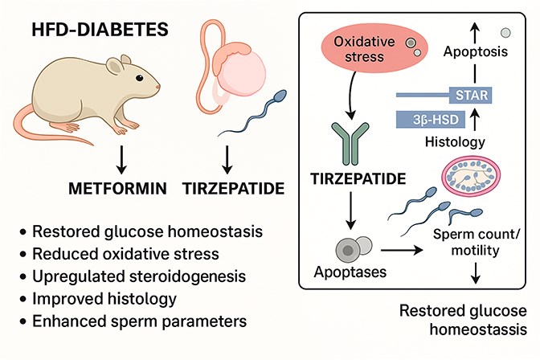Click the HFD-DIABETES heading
[x=100, y=29]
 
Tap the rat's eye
[x=139, y=78]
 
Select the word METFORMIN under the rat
[x=117, y=188]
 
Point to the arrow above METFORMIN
[x=121, y=159]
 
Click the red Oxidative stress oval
[x=374, y=49]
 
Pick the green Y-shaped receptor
[x=350, y=143]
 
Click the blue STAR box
[x=471, y=95]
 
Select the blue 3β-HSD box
[x=431, y=120]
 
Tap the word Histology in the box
[x=455, y=141]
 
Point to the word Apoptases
[x=350, y=272]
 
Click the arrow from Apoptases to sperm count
[x=402, y=251]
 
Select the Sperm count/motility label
[x=476, y=242]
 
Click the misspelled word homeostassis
[x=478, y=329]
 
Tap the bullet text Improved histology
[x=104, y=299]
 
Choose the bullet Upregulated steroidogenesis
[x=139, y=276]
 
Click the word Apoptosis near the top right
[x=476, y=51]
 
